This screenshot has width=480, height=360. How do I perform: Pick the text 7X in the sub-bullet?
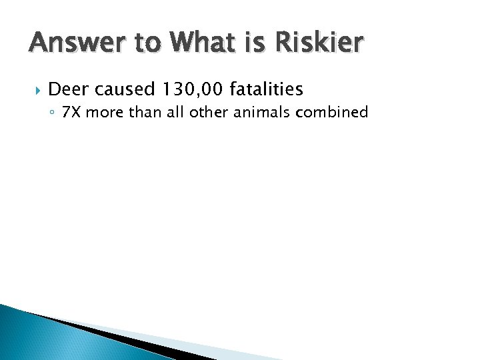[x=69, y=112]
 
